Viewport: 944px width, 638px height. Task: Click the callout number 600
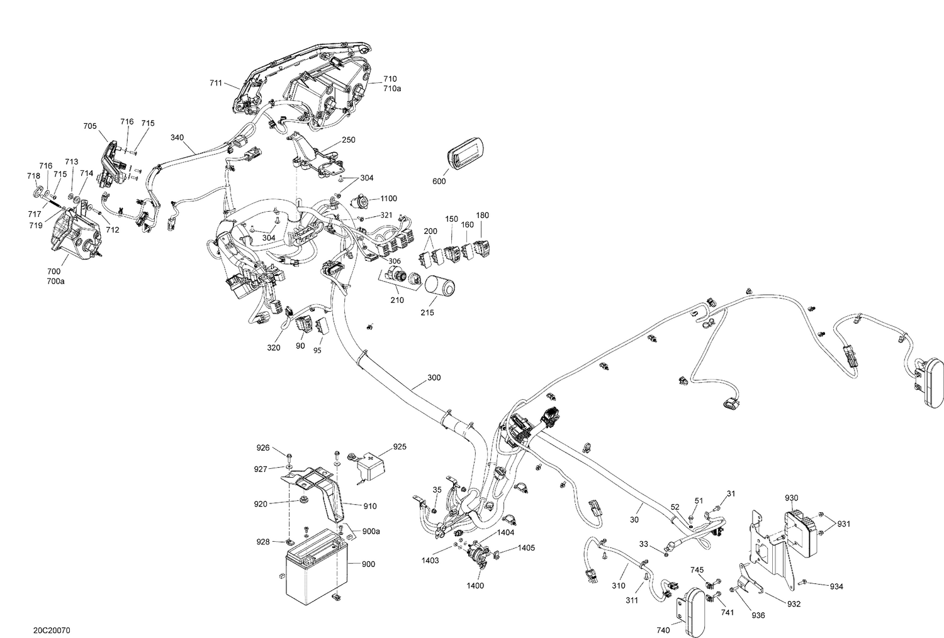(x=439, y=182)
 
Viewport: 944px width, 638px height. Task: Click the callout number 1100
(x=388, y=199)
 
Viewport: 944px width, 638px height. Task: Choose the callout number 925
(x=400, y=447)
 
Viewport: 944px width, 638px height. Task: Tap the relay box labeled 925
(x=372, y=468)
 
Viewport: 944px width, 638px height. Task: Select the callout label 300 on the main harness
(x=434, y=378)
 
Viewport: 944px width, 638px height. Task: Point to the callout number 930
(x=791, y=498)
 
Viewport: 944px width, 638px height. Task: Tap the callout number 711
(x=216, y=82)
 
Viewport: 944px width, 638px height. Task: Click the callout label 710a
(x=391, y=89)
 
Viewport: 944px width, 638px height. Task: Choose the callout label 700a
(x=55, y=281)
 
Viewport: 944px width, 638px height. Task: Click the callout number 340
(x=177, y=138)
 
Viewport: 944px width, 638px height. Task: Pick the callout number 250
(x=349, y=140)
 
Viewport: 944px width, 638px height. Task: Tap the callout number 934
(x=836, y=586)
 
